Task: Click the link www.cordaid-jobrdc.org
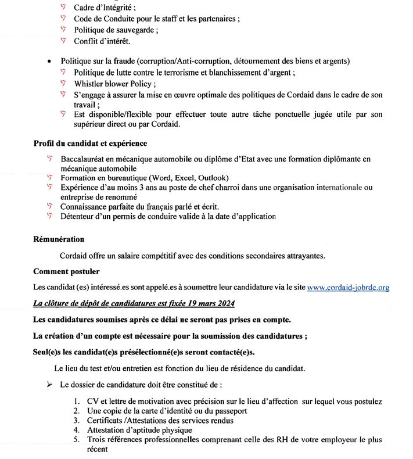(347, 287)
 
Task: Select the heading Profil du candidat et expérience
(90, 144)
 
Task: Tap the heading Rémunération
(59, 239)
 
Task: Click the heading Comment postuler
(66, 271)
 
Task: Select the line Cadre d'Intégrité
(104, 8)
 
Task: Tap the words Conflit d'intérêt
(102, 41)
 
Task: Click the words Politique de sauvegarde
(115, 30)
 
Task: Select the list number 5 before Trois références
(76, 440)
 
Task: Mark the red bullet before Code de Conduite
(63, 19)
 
